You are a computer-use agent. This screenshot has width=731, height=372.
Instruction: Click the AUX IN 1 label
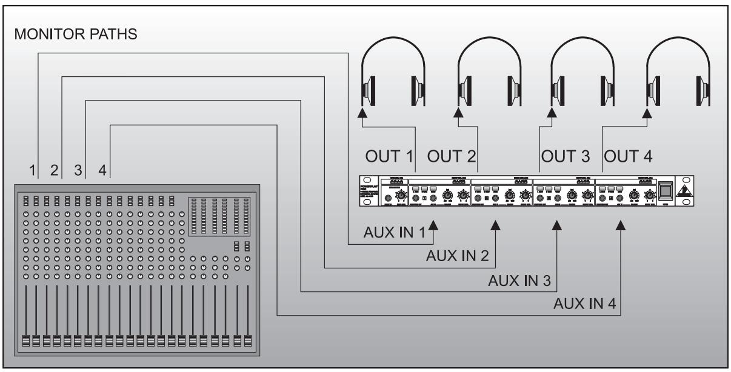coord(394,233)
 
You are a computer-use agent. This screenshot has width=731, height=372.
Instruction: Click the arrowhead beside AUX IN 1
coord(433,225)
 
